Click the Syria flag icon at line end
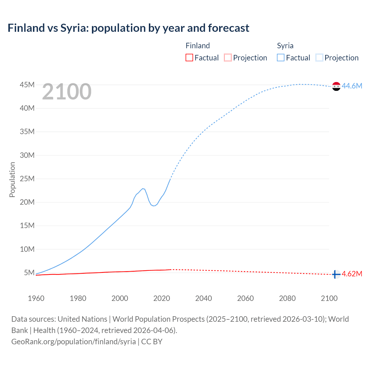pyautogui.click(x=336, y=86)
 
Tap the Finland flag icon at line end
pyautogui.click(x=336, y=274)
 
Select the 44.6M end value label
pyautogui.click(x=352, y=86)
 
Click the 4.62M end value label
pyautogui.click(x=352, y=274)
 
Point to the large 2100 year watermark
pyautogui.click(x=67, y=92)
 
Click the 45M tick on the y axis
pyautogui.click(x=27, y=85)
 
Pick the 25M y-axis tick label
pyautogui.click(x=27, y=179)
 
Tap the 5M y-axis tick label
pyautogui.click(x=29, y=273)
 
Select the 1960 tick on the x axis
pyautogui.click(x=36, y=298)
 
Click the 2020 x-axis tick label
pyautogui.click(x=162, y=298)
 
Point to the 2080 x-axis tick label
pyautogui.click(x=287, y=298)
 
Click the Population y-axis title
pyautogui.click(x=12, y=180)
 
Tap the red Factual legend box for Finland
pyautogui.click(x=189, y=58)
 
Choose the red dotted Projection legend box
pyautogui.click(x=228, y=58)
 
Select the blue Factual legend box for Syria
pyautogui.click(x=280, y=58)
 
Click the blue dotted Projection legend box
pyautogui.click(x=319, y=58)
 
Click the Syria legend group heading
pyautogui.click(x=285, y=46)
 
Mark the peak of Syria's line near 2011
pyautogui.click(x=143, y=188)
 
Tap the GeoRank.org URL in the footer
pyautogui.click(x=73, y=341)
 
